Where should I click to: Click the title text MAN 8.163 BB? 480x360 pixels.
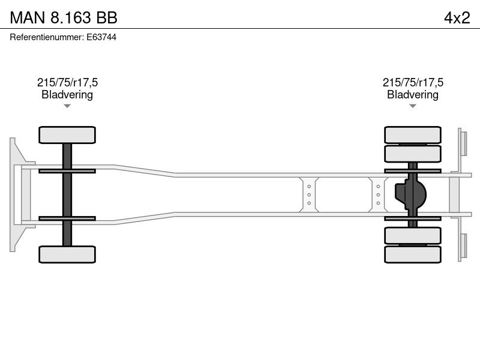[x=64, y=17]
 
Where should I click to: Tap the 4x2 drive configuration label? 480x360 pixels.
[x=457, y=17]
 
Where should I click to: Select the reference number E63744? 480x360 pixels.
[x=101, y=37]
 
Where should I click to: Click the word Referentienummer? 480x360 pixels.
[x=46, y=37]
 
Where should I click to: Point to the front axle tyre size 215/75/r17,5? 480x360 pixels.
[x=67, y=82]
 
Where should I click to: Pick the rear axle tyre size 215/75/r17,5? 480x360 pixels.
[x=413, y=82]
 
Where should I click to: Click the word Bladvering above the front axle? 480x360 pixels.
[x=67, y=94]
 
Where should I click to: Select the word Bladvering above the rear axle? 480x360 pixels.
[x=413, y=94]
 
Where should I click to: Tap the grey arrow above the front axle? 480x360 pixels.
[x=67, y=106]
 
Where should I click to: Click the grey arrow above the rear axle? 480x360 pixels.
[x=413, y=106]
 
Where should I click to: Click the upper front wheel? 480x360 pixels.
[x=67, y=134]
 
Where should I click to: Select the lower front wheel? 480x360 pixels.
[x=67, y=254]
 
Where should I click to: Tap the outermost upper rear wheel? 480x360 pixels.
[x=413, y=134]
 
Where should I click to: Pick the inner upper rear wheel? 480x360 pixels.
[x=413, y=154]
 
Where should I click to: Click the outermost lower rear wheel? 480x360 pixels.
[x=413, y=254]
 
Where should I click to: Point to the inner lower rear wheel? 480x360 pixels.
[x=413, y=235]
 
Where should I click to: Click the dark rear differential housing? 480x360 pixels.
[x=411, y=194]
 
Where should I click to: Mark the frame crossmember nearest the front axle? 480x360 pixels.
[x=309, y=194]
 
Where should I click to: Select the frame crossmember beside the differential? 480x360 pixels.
[x=378, y=194]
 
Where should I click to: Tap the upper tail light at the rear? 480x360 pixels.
[x=463, y=143]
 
